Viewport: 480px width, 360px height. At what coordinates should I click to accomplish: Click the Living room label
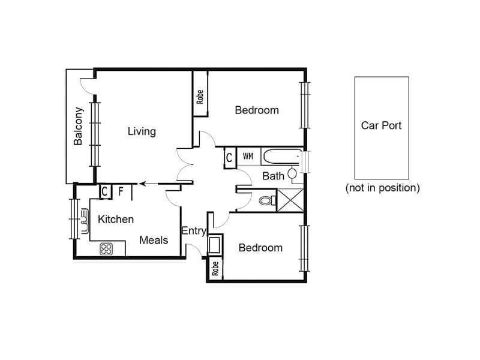pyautogui.click(x=142, y=131)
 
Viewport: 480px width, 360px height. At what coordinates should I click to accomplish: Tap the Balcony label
pyautogui.click(x=79, y=126)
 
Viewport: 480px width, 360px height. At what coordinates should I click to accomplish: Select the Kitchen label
pyautogui.click(x=116, y=219)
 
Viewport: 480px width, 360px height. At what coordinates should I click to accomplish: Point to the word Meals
pyautogui.click(x=154, y=241)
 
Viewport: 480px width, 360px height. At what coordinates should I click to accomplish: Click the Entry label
pyautogui.click(x=194, y=231)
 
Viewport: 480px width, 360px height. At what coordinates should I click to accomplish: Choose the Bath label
pyautogui.click(x=274, y=176)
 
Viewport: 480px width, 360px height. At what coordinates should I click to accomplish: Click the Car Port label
pyautogui.click(x=381, y=125)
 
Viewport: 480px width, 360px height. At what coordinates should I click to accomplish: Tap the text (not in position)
pyautogui.click(x=383, y=188)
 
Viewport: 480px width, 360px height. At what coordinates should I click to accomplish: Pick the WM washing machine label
pyautogui.click(x=248, y=157)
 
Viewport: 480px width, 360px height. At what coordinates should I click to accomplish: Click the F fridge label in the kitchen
pyautogui.click(x=121, y=191)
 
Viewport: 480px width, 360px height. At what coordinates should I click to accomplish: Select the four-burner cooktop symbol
pyautogui.click(x=106, y=249)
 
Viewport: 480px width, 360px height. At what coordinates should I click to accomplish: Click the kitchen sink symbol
pyautogui.click(x=85, y=221)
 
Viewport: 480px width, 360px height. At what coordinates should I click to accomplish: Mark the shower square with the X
pyautogui.click(x=290, y=200)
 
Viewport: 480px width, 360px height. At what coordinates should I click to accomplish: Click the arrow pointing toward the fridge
pyautogui.click(x=148, y=184)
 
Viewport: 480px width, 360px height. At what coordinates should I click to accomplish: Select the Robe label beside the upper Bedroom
pyautogui.click(x=200, y=97)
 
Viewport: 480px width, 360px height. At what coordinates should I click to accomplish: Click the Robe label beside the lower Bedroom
pyautogui.click(x=215, y=268)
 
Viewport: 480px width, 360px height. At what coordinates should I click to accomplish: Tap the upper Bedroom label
pyautogui.click(x=257, y=110)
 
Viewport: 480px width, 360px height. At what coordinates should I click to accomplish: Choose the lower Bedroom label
pyautogui.click(x=260, y=248)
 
